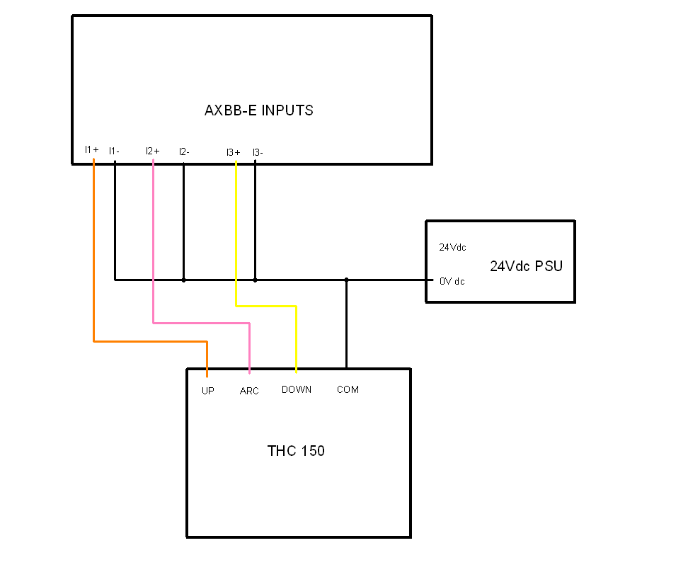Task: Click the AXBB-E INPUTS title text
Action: [x=259, y=110]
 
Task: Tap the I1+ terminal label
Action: [x=92, y=149]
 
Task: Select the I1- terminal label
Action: [x=114, y=151]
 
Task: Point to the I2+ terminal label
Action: [x=153, y=151]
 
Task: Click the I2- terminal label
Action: [x=184, y=152]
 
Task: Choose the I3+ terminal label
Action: [x=234, y=152]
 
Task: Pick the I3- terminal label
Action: [x=258, y=152]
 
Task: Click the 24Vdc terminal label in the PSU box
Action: [x=452, y=247]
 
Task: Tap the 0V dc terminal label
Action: [x=452, y=281]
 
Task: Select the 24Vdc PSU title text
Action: [x=526, y=266]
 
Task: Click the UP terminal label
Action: [x=208, y=391]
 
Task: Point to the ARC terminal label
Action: [x=249, y=391]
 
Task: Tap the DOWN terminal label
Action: [x=297, y=389]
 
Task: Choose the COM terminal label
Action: [x=348, y=389]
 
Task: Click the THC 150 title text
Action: [x=296, y=451]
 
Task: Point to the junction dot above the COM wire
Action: [x=347, y=280]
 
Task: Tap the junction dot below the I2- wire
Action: [x=183, y=280]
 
